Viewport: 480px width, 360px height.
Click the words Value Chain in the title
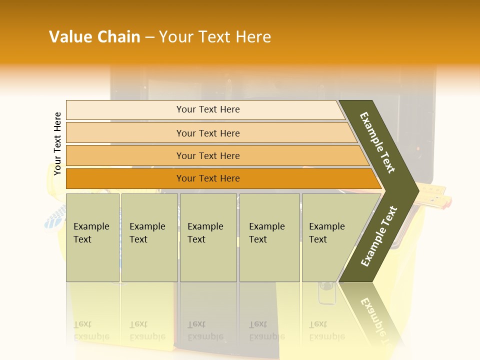tap(94, 37)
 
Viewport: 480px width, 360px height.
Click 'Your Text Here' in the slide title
tap(215, 37)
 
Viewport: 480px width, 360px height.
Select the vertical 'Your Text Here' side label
tap(58, 143)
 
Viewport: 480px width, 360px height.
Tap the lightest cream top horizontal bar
tap(207, 109)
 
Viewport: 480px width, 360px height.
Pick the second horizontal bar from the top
tap(207, 133)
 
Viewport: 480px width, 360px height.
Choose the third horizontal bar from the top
tap(207, 155)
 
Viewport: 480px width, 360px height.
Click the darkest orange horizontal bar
tap(207, 178)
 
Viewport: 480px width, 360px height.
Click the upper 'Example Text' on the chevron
tap(378, 142)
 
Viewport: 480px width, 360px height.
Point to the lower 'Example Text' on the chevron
tap(379, 236)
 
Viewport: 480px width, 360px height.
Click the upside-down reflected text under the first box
tap(91, 330)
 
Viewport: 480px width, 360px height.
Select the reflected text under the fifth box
tap(326, 330)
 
